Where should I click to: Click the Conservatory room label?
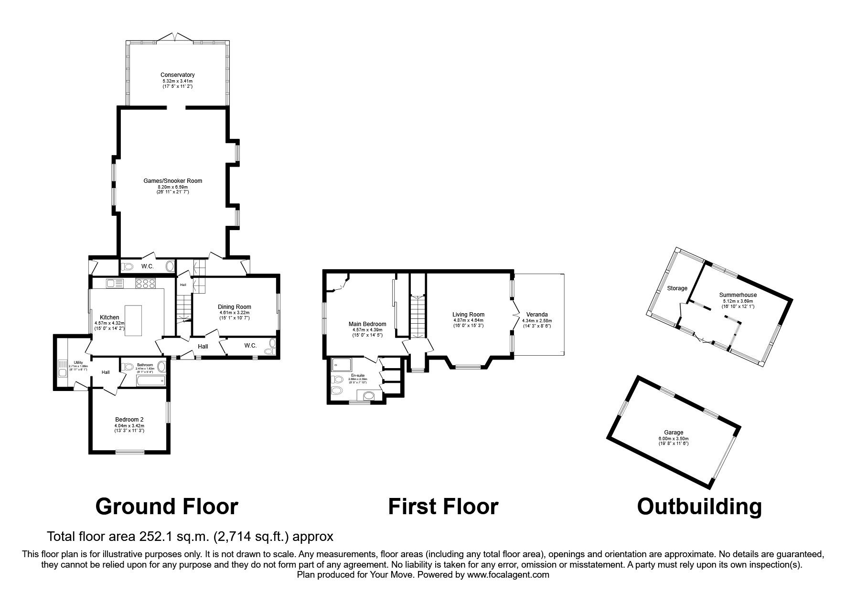177,75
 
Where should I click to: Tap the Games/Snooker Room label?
172,181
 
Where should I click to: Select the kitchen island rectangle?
133,321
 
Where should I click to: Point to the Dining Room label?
234,307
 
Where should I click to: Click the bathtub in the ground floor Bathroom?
150,381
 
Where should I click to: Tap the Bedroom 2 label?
129,420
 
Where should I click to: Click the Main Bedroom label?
367,324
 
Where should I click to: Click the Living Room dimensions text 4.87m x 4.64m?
468,320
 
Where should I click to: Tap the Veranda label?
535,315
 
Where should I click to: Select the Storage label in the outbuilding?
677,288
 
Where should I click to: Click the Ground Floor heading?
166,506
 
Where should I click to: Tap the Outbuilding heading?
699,506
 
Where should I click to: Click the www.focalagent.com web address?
508,575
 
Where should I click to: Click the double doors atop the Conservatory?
177,37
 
